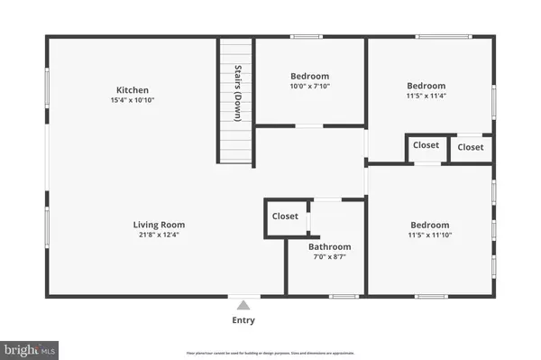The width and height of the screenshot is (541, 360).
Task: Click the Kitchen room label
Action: (x=132, y=90)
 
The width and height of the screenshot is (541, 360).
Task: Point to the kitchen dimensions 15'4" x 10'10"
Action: (x=132, y=100)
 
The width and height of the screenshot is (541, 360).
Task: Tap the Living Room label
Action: (x=159, y=225)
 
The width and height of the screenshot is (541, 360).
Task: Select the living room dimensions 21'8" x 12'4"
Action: (x=159, y=235)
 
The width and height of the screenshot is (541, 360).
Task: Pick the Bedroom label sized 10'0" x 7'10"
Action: (x=309, y=76)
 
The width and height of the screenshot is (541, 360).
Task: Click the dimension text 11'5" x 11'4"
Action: (x=429, y=96)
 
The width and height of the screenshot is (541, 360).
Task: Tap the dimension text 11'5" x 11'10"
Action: (x=429, y=235)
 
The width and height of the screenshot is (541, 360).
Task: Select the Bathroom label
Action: (x=329, y=246)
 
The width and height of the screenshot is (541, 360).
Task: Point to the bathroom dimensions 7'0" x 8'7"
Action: (x=329, y=257)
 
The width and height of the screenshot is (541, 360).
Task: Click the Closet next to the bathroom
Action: (x=285, y=217)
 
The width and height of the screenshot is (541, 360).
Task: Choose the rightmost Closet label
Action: (x=470, y=147)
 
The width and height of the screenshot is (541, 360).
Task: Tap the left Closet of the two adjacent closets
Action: (x=426, y=145)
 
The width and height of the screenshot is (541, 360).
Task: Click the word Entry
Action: (x=243, y=320)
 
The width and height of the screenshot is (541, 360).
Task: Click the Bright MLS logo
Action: (x=29, y=347)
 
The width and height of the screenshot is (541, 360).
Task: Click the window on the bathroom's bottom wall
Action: (x=343, y=296)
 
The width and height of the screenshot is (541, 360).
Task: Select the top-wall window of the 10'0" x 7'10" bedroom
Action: (x=306, y=37)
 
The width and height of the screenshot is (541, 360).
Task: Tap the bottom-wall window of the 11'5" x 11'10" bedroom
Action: (x=431, y=296)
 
